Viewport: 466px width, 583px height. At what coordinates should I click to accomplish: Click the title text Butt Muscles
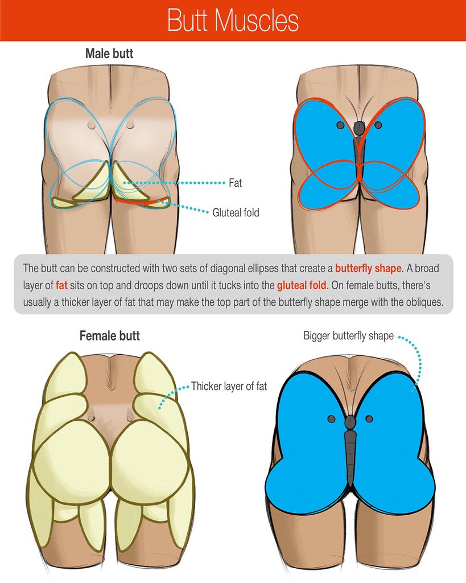pos(233,21)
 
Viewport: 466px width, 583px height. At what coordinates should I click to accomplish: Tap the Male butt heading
pos(109,54)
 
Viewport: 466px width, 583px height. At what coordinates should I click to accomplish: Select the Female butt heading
pos(109,336)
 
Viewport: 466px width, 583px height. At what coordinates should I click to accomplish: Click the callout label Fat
pos(235,183)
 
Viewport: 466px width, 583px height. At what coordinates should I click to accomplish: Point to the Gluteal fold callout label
pos(236,213)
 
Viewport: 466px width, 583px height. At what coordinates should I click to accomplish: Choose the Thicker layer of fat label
pos(229,386)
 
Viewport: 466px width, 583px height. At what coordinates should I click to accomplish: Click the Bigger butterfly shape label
pos(348,336)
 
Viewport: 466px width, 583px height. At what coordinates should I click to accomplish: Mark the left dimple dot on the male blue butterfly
pos(340,125)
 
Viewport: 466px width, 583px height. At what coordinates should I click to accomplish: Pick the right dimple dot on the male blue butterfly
pos(378,125)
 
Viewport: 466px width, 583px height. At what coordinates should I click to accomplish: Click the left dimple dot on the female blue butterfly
pos(331,419)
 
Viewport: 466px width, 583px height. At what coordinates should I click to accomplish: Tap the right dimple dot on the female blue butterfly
pos(369,419)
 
